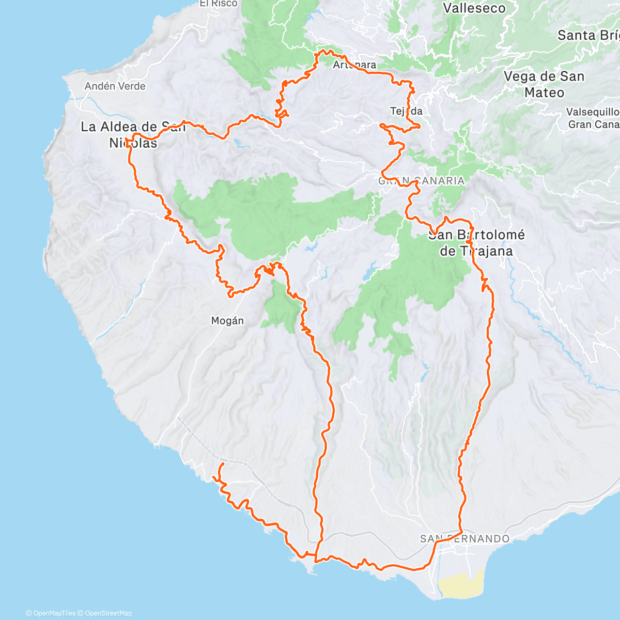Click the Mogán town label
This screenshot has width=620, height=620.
point(227,321)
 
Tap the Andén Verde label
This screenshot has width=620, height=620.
point(115,86)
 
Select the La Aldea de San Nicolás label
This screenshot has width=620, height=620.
point(133,134)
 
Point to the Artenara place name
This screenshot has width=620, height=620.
point(354,65)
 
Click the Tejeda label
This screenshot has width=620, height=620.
point(406,111)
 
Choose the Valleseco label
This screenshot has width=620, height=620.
point(474,8)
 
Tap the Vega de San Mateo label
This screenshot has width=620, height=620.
point(544,84)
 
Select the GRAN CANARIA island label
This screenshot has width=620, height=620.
point(422,181)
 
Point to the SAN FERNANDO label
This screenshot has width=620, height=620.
point(464,539)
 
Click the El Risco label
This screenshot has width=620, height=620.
point(219,3)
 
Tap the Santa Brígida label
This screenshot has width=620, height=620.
point(588,36)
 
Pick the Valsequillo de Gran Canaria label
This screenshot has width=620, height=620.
point(593,118)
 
